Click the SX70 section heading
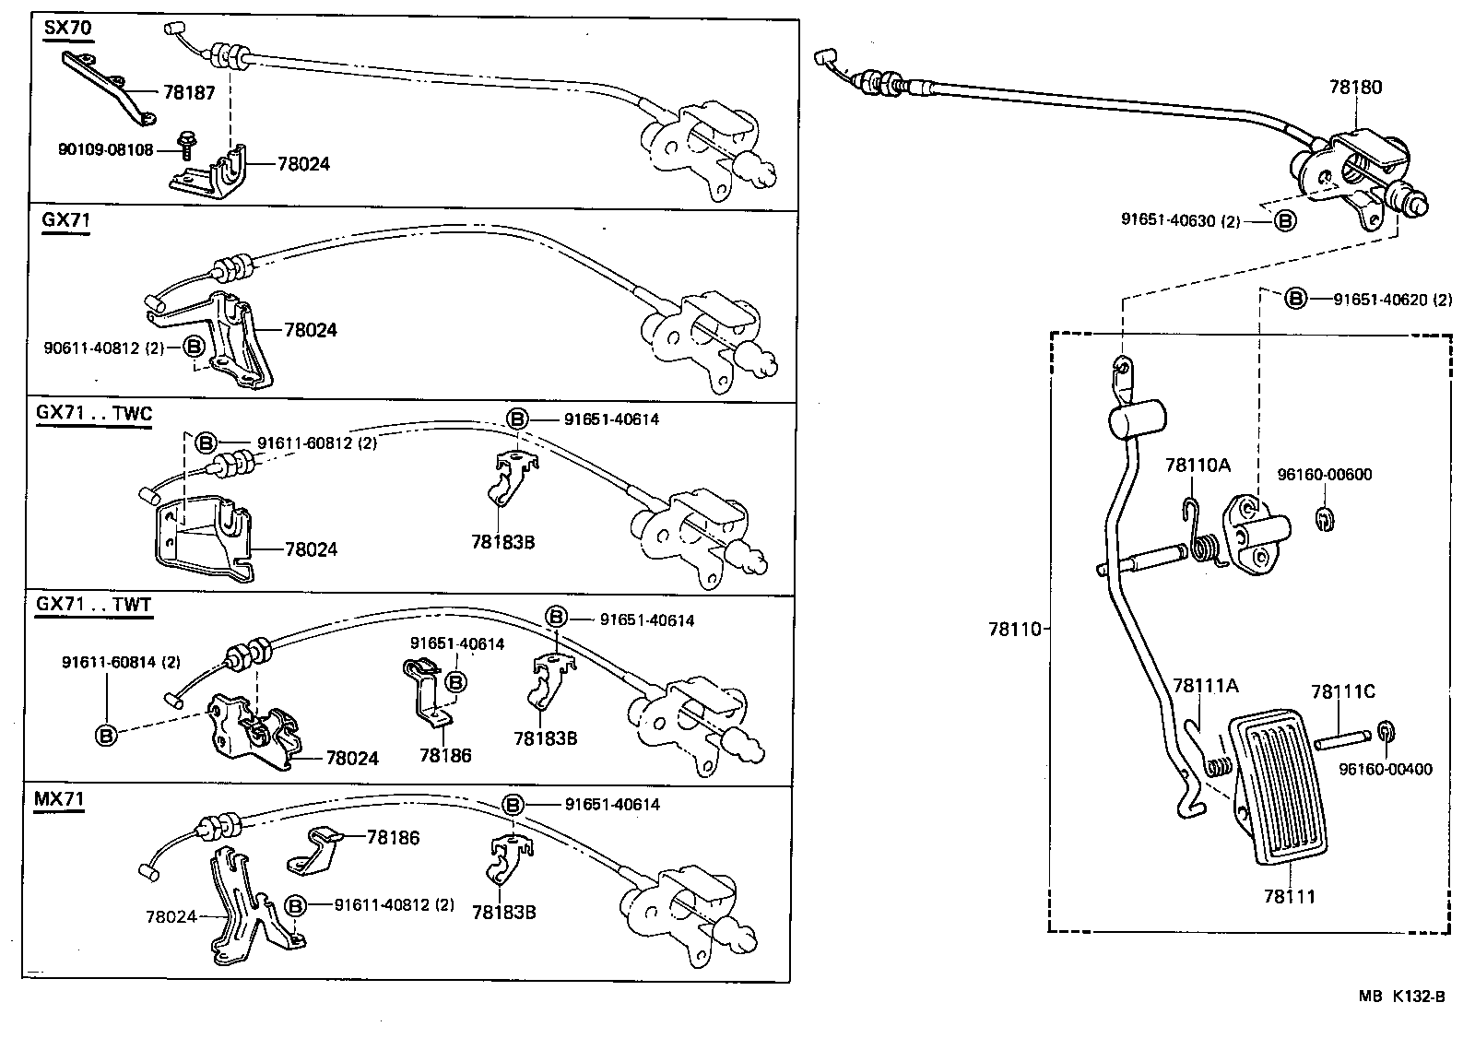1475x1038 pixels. pos(67,28)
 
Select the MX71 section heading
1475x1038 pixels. pos(59,798)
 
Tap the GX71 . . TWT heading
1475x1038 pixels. pos(94,605)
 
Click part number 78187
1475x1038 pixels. pos(189,92)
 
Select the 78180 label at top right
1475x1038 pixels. pos(1355,88)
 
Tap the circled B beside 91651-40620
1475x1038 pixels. pos(1295,299)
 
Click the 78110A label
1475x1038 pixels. pos(1197,465)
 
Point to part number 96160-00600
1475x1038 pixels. pos(1324,475)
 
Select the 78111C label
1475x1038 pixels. pos(1342,691)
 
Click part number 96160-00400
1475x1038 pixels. pos(1386,769)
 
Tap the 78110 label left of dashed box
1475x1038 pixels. pos(1013,630)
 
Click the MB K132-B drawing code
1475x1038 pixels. pos(1400,997)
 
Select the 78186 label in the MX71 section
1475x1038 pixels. pos(393,838)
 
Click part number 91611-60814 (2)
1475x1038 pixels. pos(121,662)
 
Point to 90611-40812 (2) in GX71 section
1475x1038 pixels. pos(103,348)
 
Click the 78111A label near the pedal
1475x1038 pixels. pos(1205,686)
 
